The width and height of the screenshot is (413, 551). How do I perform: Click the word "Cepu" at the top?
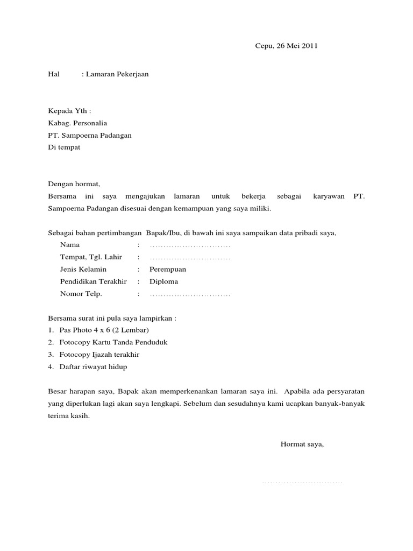(264, 46)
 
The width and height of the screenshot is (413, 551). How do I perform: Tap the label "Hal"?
(53, 74)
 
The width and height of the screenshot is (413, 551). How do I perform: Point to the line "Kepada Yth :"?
(69, 111)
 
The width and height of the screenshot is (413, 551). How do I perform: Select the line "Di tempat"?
(64, 147)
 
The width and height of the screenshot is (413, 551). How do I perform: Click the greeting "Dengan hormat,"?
(74, 185)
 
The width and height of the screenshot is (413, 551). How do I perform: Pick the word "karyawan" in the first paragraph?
(328, 197)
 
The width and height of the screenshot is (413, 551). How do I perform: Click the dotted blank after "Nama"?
(190, 245)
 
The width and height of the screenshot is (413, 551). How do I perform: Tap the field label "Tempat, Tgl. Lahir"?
(91, 257)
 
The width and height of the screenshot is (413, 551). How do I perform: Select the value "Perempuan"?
(168, 269)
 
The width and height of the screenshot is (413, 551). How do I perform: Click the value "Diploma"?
(163, 281)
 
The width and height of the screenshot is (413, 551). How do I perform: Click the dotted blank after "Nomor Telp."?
(190, 294)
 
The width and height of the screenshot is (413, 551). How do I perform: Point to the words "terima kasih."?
(69, 416)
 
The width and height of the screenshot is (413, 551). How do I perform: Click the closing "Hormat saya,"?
(302, 444)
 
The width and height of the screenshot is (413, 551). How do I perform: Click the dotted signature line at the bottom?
(302, 482)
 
